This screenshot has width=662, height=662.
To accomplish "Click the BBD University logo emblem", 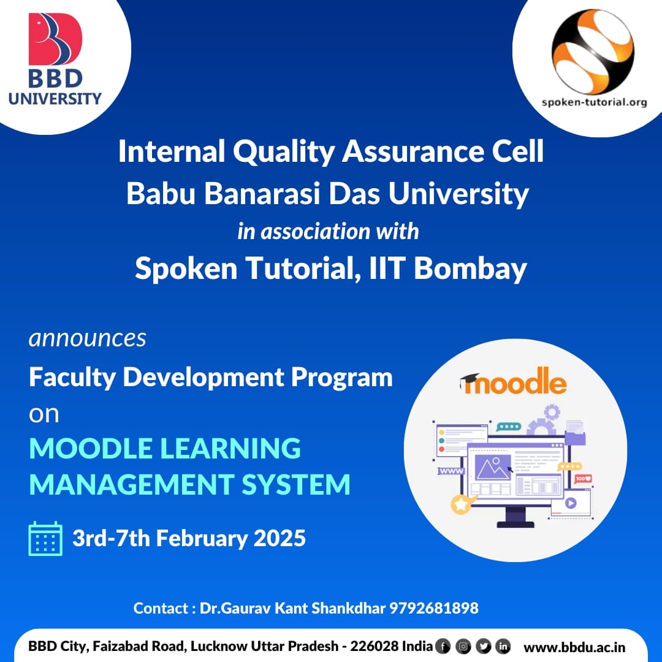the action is pyautogui.click(x=55, y=39).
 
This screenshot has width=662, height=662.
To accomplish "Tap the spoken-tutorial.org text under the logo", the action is pyautogui.click(x=594, y=102).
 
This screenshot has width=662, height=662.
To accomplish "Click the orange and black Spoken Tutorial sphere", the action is pyautogui.click(x=593, y=51).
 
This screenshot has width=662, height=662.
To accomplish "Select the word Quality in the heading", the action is pyautogui.click(x=284, y=152).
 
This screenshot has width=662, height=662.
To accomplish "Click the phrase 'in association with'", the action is pyautogui.click(x=328, y=231).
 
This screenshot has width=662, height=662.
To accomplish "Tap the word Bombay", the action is pyautogui.click(x=470, y=268).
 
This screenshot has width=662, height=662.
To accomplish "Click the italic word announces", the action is pyautogui.click(x=88, y=338).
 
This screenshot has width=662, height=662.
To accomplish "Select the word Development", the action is pyautogui.click(x=203, y=377).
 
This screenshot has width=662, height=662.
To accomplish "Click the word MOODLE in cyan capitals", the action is pyautogui.click(x=90, y=448).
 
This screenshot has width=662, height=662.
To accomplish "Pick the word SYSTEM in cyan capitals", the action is pyautogui.click(x=295, y=484).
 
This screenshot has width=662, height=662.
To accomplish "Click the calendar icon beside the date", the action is pyautogui.click(x=45, y=539).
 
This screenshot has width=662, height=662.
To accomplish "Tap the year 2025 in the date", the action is pyautogui.click(x=280, y=538).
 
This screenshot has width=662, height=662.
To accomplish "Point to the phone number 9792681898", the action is pyautogui.click(x=433, y=608).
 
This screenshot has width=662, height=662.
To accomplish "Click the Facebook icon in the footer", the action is pyautogui.click(x=443, y=647).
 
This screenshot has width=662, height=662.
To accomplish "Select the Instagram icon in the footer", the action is pyautogui.click(x=463, y=647).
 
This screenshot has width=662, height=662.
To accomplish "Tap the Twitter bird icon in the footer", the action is pyautogui.click(x=484, y=647).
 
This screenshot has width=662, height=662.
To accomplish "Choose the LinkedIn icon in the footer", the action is pyautogui.click(x=503, y=647).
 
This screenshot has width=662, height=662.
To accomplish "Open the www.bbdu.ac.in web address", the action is pyautogui.click(x=574, y=647).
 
